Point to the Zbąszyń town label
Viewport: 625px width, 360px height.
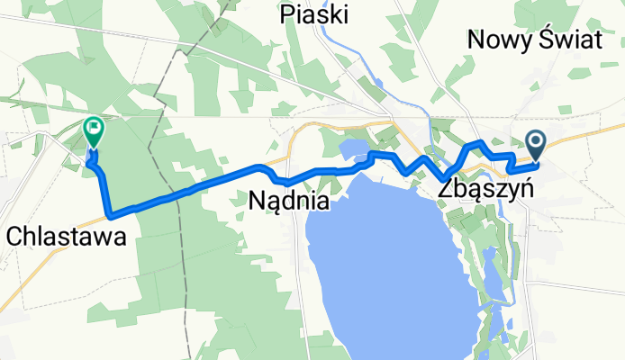[x=487, y=191]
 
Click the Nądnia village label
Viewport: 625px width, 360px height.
[x=288, y=202]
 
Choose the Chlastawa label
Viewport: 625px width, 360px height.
[x=64, y=237]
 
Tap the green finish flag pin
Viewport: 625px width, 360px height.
[x=94, y=133]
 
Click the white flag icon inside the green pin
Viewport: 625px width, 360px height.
[x=94, y=129]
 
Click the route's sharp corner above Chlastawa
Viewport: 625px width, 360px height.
[x=110, y=215]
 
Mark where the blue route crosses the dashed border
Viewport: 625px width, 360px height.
[x=180, y=192]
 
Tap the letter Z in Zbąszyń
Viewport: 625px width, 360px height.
[x=448, y=191]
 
